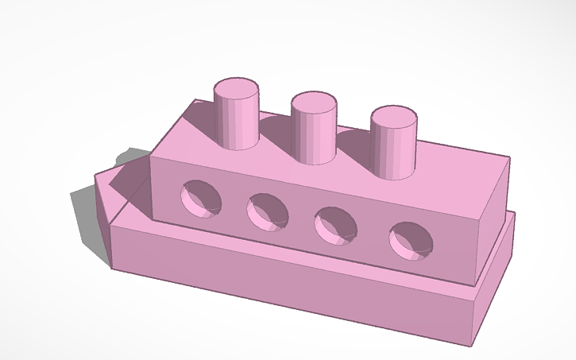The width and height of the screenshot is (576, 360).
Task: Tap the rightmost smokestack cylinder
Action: pyautogui.click(x=392, y=150)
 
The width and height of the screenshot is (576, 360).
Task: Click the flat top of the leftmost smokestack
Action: pyautogui.click(x=237, y=88)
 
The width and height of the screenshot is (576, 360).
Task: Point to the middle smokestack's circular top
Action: pyautogui.click(x=314, y=102)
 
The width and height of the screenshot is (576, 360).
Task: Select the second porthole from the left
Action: pyautogui.click(x=266, y=211)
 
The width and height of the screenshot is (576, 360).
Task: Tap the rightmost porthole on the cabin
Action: pyautogui.click(x=411, y=241)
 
